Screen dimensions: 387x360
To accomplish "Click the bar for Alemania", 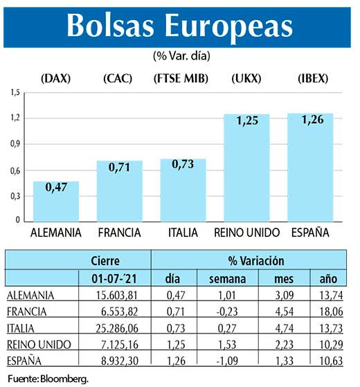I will click(56, 201).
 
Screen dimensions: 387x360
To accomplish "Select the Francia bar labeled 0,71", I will click(119, 190).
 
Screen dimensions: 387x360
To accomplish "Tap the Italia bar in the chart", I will click(183, 190).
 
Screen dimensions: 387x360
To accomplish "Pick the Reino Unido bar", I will click(247, 167).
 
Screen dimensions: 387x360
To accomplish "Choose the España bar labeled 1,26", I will click(310, 167).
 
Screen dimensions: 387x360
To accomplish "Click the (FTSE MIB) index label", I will click(183, 78).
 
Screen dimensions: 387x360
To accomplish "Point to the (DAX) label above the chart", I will click(55, 78).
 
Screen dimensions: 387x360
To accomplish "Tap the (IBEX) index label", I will click(310, 78).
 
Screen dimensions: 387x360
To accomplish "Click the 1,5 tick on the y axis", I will click(15, 92).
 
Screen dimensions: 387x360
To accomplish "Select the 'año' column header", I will click(327, 278).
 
